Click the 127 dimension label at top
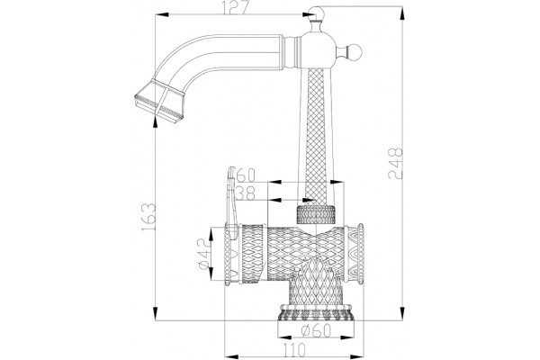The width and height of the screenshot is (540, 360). (236, 7)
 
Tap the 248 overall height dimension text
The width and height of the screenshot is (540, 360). (395, 163)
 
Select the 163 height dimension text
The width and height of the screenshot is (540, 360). (148, 218)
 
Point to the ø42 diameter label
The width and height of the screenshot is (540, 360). (203, 254)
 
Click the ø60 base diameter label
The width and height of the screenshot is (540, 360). (316, 330)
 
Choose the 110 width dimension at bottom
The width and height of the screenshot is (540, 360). (294, 350)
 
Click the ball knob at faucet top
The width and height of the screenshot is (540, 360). (317, 13)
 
